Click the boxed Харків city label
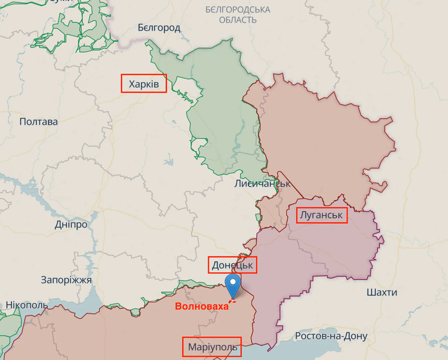tap(144, 84)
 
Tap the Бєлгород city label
tap(159, 28)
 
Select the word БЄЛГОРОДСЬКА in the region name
tap(238, 10)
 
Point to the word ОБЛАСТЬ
tap(238, 20)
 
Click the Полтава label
tap(39, 122)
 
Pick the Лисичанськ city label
tap(262, 183)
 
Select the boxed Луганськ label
tap(321, 215)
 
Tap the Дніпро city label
tap(71, 224)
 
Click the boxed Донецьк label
tap(232, 265)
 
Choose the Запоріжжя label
tap(66, 280)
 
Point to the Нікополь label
tap(26, 305)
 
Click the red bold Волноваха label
tap(202, 306)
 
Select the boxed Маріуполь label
tap(211, 348)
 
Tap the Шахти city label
tap(382, 293)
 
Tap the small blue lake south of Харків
tap(168, 162)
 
